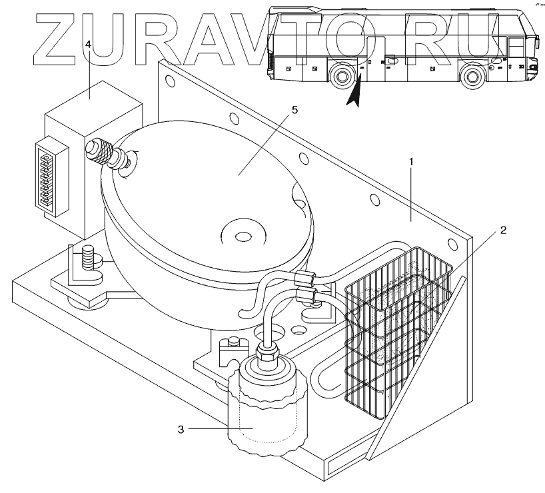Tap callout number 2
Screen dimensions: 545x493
[504, 231]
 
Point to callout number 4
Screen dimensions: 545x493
[88, 44]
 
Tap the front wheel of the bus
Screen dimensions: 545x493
[472, 75]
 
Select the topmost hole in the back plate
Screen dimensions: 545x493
[169, 83]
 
